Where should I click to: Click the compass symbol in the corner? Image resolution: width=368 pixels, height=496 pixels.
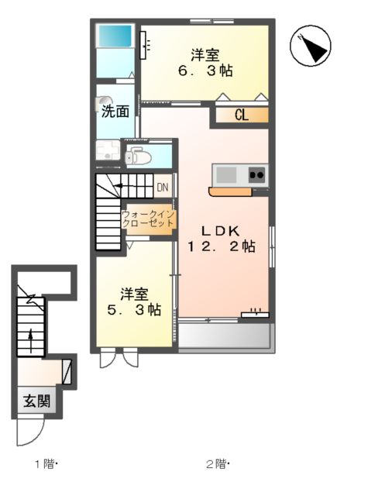click(311, 47)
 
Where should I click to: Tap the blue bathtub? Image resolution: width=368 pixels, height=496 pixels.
click(114, 36)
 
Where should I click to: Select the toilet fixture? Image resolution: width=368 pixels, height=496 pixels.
click(139, 155)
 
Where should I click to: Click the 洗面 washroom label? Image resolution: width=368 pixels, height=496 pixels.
click(115, 111)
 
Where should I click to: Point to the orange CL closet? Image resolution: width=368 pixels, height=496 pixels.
click(241, 116)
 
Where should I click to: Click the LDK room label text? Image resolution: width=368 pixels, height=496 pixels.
click(224, 230)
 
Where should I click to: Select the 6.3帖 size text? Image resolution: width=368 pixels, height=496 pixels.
click(205, 70)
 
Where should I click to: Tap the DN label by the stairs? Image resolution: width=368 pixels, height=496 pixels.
click(163, 187)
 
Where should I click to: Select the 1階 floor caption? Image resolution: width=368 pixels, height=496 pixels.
click(44, 465)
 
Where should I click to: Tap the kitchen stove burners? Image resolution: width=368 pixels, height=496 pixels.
click(257, 175)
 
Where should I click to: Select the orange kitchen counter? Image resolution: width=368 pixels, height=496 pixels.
click(230, 191)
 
